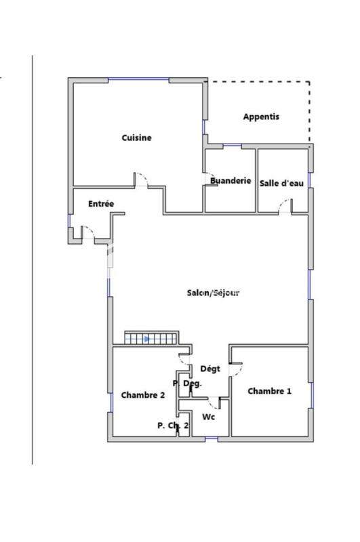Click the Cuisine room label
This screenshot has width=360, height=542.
click(136, 138)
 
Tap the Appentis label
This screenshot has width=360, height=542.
click(261, 117)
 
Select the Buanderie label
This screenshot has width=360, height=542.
click(231, 181)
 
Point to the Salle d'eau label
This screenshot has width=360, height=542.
click(281, 183)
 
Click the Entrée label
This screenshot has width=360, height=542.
click(101, 204)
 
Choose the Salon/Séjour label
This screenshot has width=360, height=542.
click(214, 293)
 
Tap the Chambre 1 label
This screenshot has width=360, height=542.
click(270, 391)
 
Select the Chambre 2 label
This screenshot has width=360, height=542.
click(143, 395)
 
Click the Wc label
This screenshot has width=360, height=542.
click(209, 417)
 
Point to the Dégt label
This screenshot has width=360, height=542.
click(209, 369)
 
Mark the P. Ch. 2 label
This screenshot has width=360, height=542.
click(173, 425)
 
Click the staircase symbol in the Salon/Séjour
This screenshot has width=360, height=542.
click(151, 338)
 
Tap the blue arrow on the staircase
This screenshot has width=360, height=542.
click(146, 339)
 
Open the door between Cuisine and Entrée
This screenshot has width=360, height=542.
click(142, 180)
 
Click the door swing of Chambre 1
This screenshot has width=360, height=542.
click(237, 369)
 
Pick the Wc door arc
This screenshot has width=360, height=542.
click(214, 404)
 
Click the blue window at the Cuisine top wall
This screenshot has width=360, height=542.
click(139, 79)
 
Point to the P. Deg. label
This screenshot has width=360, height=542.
click(187, 384)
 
